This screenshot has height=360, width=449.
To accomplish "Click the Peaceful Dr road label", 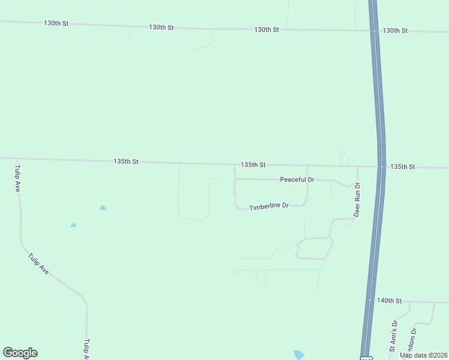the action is point(297,179).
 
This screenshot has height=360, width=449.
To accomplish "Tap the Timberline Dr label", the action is point(269,206).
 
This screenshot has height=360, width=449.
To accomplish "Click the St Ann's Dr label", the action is point(394,335).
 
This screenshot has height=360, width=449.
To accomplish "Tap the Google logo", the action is point(20,353).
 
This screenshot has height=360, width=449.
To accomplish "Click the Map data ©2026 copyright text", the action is point(424,355).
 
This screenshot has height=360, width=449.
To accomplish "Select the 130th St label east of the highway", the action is point(395,31).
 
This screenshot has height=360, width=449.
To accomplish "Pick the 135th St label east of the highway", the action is point(402,166).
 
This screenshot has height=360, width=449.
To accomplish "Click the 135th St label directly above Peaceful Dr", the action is point(253,164).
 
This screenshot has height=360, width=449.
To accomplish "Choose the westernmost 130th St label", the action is point(56,23).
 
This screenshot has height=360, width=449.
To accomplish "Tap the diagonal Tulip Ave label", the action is point(38,264).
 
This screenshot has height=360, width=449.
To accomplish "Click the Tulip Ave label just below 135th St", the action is point(18,178).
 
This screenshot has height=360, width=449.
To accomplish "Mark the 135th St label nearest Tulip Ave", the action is point(126,161).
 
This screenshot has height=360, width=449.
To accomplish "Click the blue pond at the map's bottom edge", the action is point(299,355).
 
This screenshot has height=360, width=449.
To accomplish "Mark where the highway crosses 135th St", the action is point(382,166).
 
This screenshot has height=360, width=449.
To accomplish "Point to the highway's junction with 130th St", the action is point(374,30).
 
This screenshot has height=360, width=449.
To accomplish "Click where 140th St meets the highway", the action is point(370,301).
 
